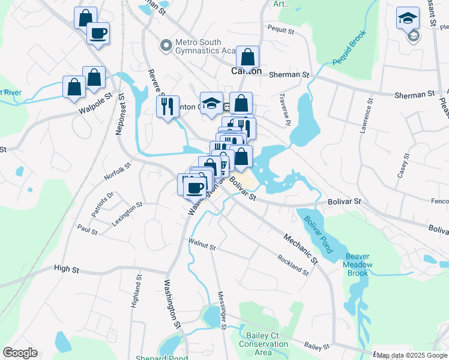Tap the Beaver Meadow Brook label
(358, 265)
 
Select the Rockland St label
(292, 264)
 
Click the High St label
(67, 270)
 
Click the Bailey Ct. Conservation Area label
(264, 344)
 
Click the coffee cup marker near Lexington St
(194, 187)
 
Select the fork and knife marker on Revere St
(167, 106)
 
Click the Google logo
(20, 353)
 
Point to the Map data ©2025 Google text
(412, 355)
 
